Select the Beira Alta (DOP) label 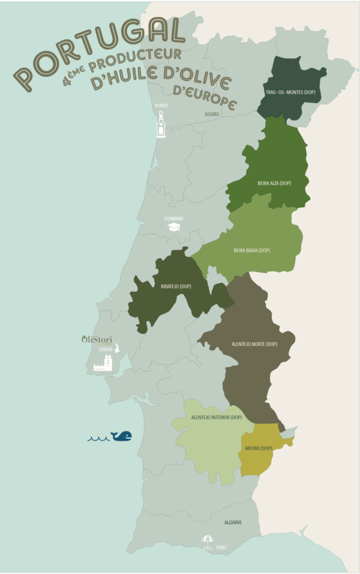tap(274, 183)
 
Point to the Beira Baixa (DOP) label tap(251, 250)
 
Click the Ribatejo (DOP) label tap(176, 286)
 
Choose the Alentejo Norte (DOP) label tap(254, 345)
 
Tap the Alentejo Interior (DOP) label tap(216, 417)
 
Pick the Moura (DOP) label tap(259, 448)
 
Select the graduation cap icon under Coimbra tap(174, 227)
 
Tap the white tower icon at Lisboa tap(103, 362)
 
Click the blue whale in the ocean tap(122, 436)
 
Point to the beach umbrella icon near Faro tap(208, 540)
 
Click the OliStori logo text tap(97, 339)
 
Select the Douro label tap(211, 113)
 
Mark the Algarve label tap(233, 522)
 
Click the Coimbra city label tap(174, 219)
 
